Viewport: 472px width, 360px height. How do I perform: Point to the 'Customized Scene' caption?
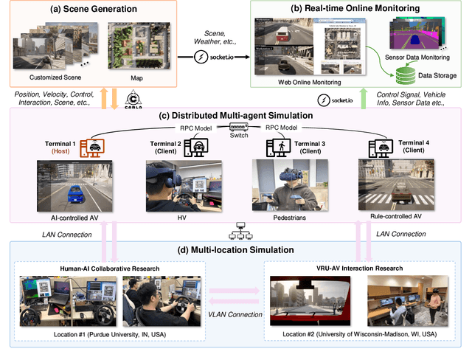tap(46, 77)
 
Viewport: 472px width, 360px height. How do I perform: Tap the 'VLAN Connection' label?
tap(237, 314)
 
